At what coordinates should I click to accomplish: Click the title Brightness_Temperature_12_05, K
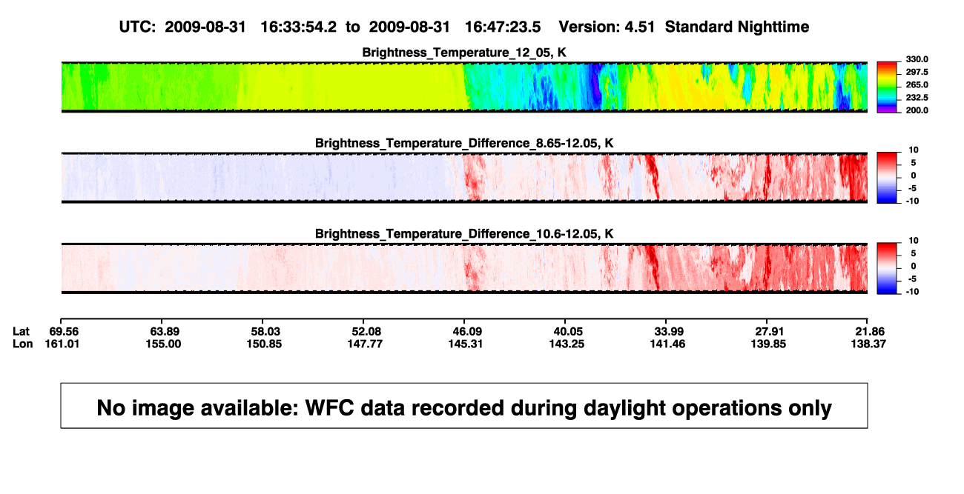(x=464, y=53)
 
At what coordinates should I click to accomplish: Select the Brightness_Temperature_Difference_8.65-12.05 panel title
(x=464, y=143)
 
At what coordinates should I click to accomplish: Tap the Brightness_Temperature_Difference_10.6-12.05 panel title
(x=464, y=234)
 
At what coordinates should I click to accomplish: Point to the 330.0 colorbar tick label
(x=917, y=59)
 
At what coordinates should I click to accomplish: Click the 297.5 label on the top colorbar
(x=917, y=72)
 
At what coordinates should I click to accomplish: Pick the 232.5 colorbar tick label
(x=917, y=98)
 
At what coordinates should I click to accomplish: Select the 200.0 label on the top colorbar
(x=917, y=110)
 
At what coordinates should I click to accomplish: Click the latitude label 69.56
(x=64, y=332)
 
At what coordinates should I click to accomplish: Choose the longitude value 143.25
(x=567, y=344)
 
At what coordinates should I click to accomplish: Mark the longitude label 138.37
(x=868, y=344)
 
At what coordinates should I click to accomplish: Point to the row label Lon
(x=23, y=344)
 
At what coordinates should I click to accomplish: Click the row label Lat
(x=21, y=332)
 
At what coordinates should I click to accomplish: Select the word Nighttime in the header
(x=773, y=27)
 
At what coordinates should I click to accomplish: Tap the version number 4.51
(x=640, y=27)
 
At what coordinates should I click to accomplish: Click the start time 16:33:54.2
(x=299, y=27)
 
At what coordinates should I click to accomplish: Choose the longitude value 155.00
(x=163, y=344)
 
